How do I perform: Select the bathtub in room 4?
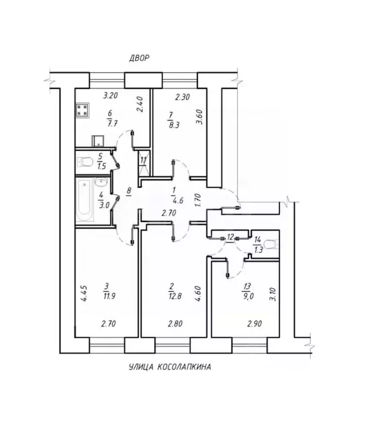tap(85, 202)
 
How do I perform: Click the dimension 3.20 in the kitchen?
tap(112, 95)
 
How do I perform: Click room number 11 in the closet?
tap(143, 160)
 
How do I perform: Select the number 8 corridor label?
tap(128, 192)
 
